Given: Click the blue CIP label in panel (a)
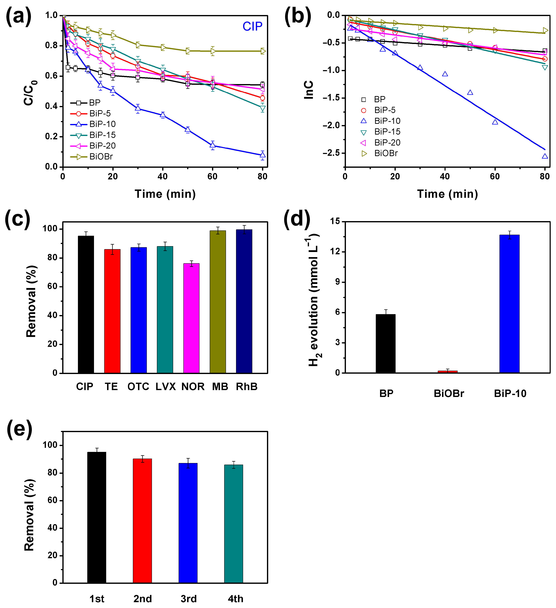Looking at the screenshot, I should [x=252, y=26].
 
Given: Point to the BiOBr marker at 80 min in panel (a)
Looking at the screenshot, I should [x=263, y=51].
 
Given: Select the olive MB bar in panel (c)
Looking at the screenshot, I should [x=217, y=302].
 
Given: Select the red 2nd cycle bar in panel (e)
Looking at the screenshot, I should [x=142, y=521].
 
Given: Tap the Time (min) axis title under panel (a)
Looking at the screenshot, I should [x=165, y=194].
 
